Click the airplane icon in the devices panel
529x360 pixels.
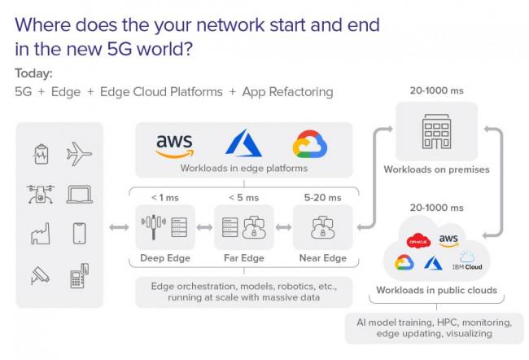80,153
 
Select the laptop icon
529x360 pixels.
80,194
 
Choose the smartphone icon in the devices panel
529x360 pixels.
80,234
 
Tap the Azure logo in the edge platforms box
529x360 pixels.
242,145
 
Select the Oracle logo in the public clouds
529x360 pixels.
418,241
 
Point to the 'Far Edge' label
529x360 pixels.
243,258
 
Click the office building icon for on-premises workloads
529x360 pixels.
436,133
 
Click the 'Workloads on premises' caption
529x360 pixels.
436,169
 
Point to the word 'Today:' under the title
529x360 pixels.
33,73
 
